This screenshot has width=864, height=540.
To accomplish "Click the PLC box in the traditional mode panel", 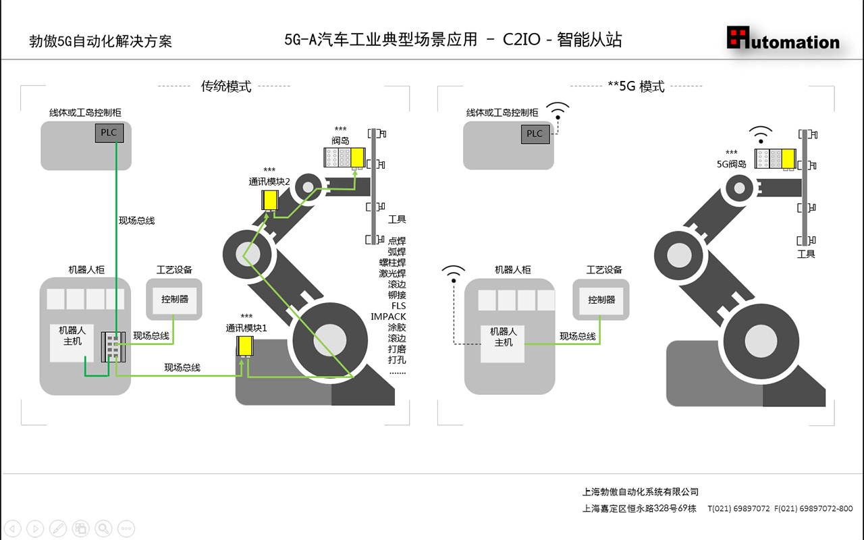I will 109,132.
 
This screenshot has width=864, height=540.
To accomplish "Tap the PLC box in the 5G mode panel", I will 535,134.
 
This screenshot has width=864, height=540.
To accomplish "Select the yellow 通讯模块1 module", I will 244,346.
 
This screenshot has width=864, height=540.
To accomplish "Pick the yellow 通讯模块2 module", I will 270,200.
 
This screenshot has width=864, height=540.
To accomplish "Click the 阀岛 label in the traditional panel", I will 340,141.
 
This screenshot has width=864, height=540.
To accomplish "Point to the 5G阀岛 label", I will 731,163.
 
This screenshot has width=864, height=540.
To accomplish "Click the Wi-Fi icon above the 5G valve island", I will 761,135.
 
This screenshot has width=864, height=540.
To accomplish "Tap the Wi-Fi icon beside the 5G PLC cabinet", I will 558,110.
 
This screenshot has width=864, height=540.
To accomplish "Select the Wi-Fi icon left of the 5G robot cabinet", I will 454,273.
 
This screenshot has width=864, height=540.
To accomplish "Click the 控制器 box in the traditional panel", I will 175,299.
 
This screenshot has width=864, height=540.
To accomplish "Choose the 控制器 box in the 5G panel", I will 601,299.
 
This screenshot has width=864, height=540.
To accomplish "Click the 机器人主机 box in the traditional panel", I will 72,336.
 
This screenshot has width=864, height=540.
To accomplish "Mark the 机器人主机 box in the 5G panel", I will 503,337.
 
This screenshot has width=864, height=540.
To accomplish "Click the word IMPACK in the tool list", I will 388,317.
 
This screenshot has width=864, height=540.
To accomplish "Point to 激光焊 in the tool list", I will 392,273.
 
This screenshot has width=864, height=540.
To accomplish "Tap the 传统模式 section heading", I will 226,86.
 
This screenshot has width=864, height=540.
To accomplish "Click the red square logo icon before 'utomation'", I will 738,37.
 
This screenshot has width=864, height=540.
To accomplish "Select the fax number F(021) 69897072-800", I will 813,509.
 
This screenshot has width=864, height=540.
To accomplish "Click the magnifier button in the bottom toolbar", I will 103,529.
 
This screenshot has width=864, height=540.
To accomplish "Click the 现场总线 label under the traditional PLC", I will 136,221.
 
